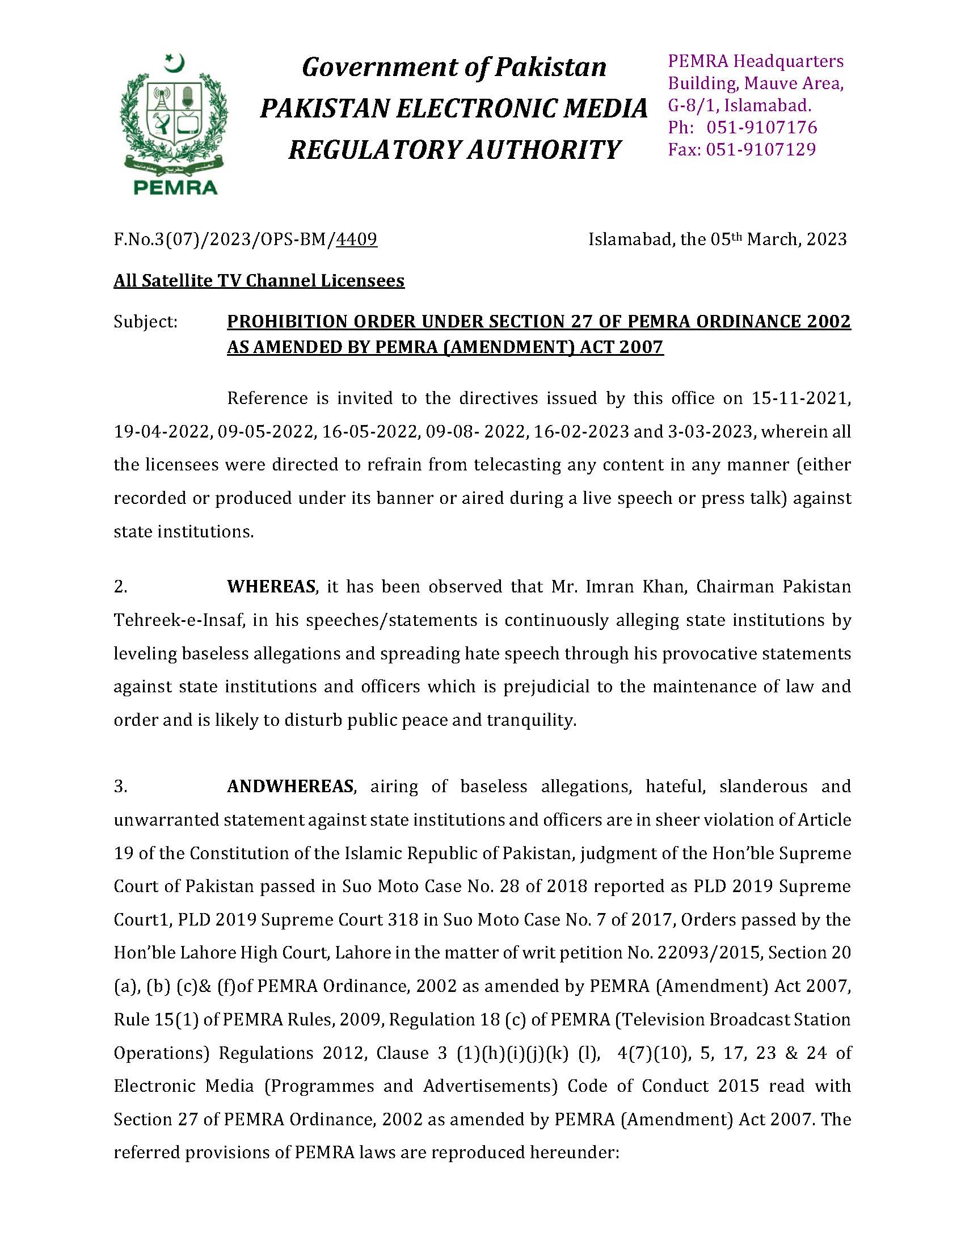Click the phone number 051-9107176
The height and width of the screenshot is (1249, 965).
point(762,128)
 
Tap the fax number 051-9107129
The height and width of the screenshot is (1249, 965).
point(761,150)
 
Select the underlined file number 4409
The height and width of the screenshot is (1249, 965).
point(357,239)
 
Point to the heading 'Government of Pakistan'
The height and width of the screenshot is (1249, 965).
point(454,67)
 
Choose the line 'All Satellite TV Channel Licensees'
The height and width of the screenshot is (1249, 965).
point(259,281)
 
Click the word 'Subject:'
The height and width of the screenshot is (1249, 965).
point(146,322)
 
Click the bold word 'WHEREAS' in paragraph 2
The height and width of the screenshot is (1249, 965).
point(272,587)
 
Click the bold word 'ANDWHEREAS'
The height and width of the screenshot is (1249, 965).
point(290,787)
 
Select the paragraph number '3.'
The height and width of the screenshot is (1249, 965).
point(121,787)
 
